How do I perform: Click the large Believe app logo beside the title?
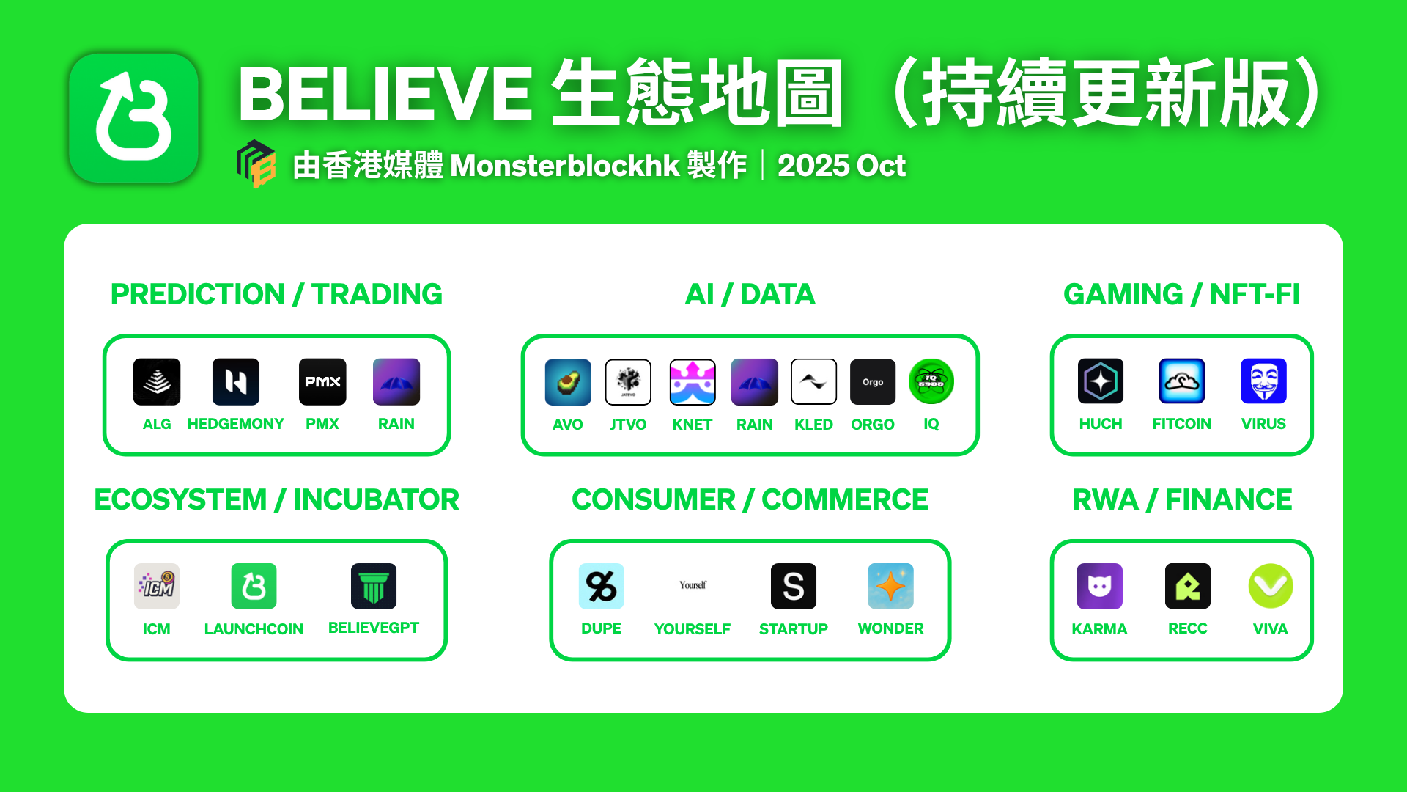(134, 117)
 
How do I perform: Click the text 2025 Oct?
(841, 165)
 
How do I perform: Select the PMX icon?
(322, 381)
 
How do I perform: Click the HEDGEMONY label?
(235, 424)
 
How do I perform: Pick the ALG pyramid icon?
(157, 381)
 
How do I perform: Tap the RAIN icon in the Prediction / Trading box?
(396, 381)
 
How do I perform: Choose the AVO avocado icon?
(568, 382)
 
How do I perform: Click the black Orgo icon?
(873, 382)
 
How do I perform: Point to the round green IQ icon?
(931, 381)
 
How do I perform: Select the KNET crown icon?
(693, 382)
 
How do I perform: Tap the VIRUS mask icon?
(1264, 381)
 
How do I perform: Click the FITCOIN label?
(1182, 424)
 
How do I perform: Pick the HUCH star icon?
(1101, 381)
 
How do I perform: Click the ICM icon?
(157, 586)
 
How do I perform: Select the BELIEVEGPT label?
(374, 628)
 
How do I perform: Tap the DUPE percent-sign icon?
(602, 586)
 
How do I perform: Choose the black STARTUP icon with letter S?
(794, 586)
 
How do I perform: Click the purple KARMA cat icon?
(1100, 586)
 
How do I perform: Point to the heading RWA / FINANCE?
(1182, 499)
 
